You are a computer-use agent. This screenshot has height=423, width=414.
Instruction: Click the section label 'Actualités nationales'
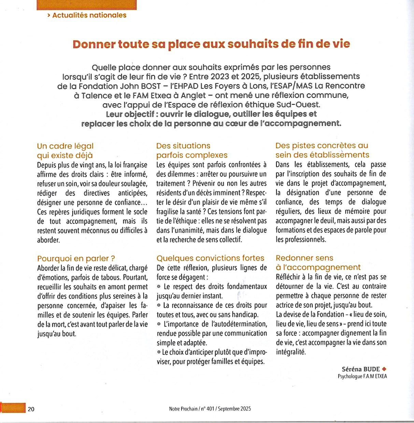click(89, 15)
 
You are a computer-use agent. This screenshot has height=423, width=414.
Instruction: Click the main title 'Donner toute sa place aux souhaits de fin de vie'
click(211, 44)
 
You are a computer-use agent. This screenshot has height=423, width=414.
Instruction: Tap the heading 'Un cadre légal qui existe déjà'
click(65, 151)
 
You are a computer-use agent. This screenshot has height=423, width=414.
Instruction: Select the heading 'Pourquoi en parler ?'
click(76, 259)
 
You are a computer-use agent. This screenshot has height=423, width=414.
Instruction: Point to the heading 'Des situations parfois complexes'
click(191, 150)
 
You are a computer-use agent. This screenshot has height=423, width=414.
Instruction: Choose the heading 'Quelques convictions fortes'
click(210, 258)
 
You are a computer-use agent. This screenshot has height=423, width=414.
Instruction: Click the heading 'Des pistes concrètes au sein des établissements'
click(322, 150)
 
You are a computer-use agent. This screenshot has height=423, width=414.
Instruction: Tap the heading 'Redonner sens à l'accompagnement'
click(318, 263)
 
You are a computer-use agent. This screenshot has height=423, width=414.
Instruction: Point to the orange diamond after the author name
click(384, 369)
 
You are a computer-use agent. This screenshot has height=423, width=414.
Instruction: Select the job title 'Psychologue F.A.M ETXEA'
click(362, 377)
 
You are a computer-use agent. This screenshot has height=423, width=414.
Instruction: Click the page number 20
click(31, 409)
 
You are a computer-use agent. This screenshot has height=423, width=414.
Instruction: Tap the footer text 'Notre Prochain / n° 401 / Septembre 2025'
click(210, 409)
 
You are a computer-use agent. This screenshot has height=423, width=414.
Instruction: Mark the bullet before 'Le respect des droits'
click(159, 287)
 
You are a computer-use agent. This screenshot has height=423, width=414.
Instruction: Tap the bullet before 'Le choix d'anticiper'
click(159, 352)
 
